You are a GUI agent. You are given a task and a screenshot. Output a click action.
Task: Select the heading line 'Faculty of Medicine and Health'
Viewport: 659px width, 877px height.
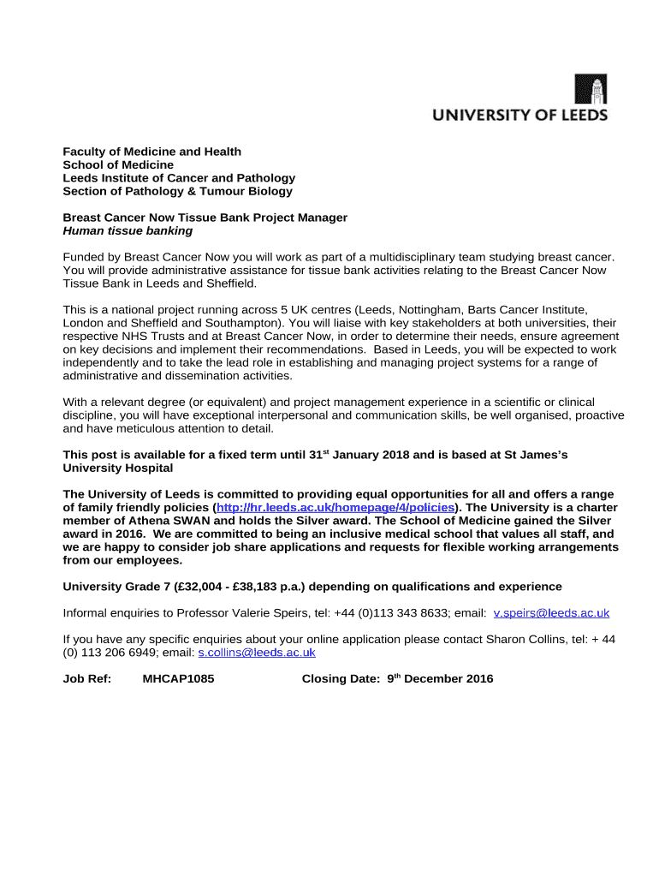(x=152, y=152)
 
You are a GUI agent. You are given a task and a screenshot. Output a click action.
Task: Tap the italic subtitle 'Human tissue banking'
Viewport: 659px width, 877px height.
(x=128, y=230)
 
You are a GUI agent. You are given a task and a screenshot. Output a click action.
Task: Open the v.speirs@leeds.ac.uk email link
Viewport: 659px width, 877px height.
(x=551, y=612)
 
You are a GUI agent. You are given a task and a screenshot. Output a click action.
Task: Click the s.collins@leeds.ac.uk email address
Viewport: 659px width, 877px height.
(x=257, y=652)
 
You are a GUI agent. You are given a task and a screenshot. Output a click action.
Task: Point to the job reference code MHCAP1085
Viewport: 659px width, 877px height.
(x=178, y=679)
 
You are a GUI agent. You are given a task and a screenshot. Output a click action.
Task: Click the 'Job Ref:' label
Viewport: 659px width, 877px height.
(x=87, y=679)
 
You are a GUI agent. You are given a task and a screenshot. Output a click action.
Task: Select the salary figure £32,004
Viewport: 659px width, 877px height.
(x=207, y=587)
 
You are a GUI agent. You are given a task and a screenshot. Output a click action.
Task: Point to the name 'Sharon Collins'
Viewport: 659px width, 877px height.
(x=526, y=639)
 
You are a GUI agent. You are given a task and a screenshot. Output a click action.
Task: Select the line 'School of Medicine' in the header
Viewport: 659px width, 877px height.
(x=118, y=164)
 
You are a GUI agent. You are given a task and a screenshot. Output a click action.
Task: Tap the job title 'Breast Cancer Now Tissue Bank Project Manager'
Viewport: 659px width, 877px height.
(x=205, y=218)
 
